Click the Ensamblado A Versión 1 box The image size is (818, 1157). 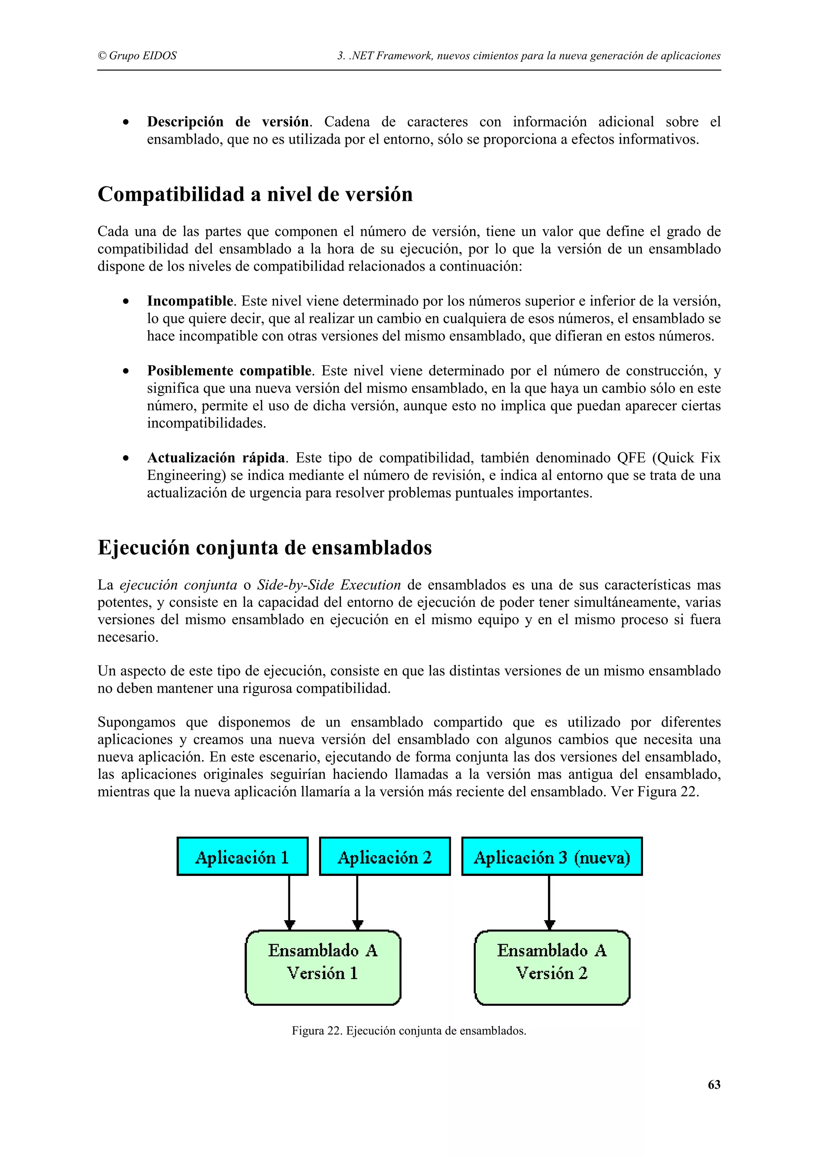(323, 967)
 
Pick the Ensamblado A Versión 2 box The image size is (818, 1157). (552, 967)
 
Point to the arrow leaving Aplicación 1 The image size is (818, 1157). (289, 902)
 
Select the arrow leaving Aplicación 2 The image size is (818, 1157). (357, 902)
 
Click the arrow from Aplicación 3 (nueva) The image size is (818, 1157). (549, 902)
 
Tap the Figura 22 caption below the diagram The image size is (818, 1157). (409, 1030)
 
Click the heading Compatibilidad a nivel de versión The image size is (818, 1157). (255, 194)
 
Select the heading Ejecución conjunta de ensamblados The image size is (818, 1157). (264, 547)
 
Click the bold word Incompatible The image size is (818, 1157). (191, 301)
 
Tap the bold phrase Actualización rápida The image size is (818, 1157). (216, 458)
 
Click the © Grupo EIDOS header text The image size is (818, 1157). (137, 55)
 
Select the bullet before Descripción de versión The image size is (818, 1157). (126, 123)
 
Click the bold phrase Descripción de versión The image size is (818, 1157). (228, 121)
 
